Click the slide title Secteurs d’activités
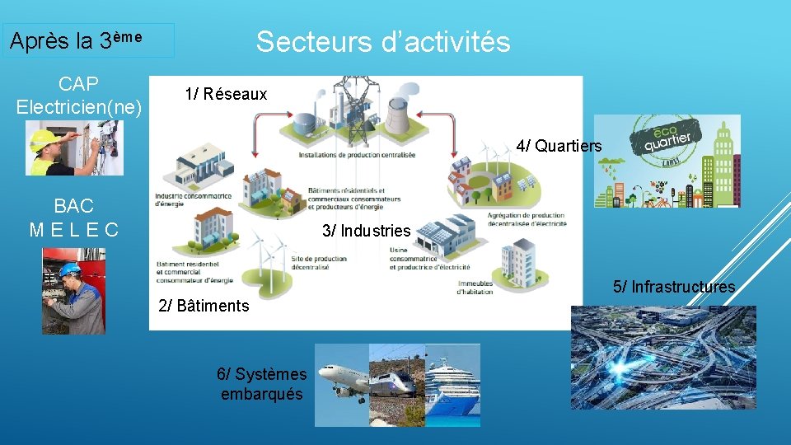[x=382, y=41]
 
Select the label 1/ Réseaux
[x=226, y=95]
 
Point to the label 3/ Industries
[x=366, y=231]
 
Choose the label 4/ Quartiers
[x=559, y=147]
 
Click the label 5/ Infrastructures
[x=673, y=287]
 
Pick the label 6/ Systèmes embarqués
[x=261, y=384]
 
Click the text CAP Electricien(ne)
[x=79, y=96]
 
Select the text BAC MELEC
[x=74, y=218]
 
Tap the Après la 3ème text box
[x=89, y=40]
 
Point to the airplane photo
[x=341, y=384]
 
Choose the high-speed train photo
[x=396, y=384]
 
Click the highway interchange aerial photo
[x=662, y=358]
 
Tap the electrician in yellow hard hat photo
[x=74, y=148]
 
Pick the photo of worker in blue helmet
[x=74, y=291]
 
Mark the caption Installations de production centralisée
[x=356, y=155]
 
